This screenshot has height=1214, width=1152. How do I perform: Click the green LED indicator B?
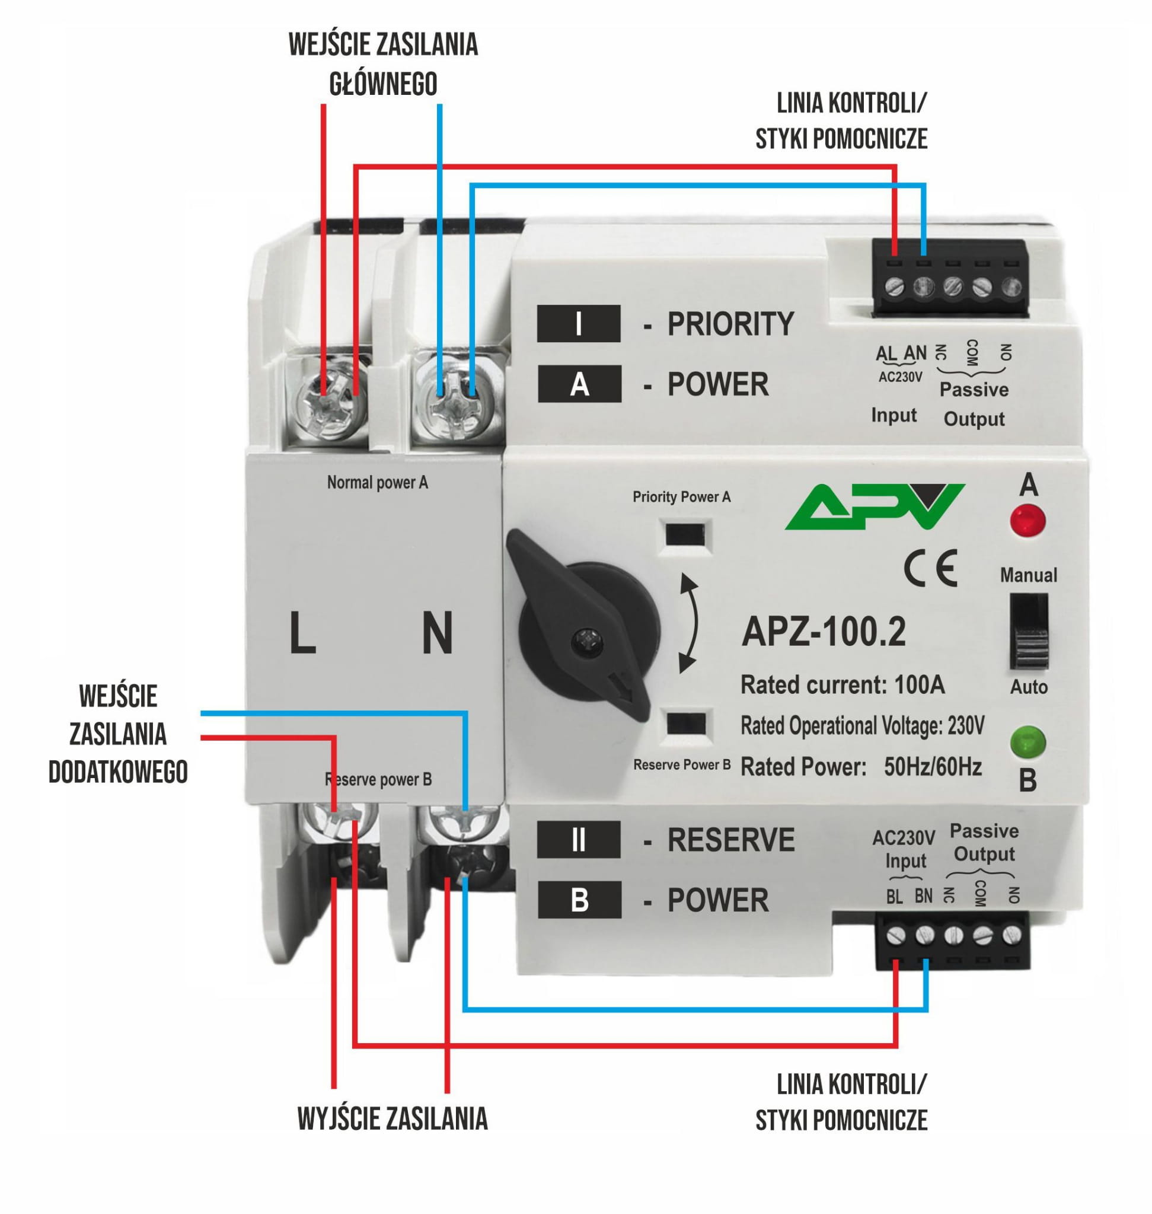point(1027,742)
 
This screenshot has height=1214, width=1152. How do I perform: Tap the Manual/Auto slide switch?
point(1029,631)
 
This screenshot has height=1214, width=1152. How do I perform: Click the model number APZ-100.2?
point(824,632)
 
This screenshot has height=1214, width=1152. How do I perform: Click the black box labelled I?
point(579,324)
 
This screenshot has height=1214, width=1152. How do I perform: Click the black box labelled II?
point(579,840)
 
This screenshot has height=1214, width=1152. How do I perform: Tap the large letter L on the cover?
point(302,633)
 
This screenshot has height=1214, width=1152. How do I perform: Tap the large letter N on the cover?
point(437,633)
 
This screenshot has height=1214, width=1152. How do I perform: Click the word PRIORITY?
point(730,324)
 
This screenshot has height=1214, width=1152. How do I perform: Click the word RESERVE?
point(730,840)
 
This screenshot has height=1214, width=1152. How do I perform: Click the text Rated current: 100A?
point(843,684)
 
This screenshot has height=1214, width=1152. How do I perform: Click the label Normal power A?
point(377,482)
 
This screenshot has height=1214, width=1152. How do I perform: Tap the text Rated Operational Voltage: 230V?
point(862,726)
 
